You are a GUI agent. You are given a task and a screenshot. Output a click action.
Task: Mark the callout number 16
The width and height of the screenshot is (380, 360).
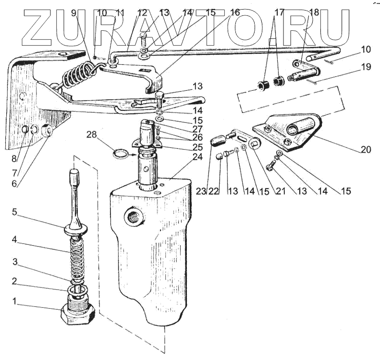(234, 12)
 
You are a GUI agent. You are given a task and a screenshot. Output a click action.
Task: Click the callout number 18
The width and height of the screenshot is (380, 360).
(314, 12)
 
